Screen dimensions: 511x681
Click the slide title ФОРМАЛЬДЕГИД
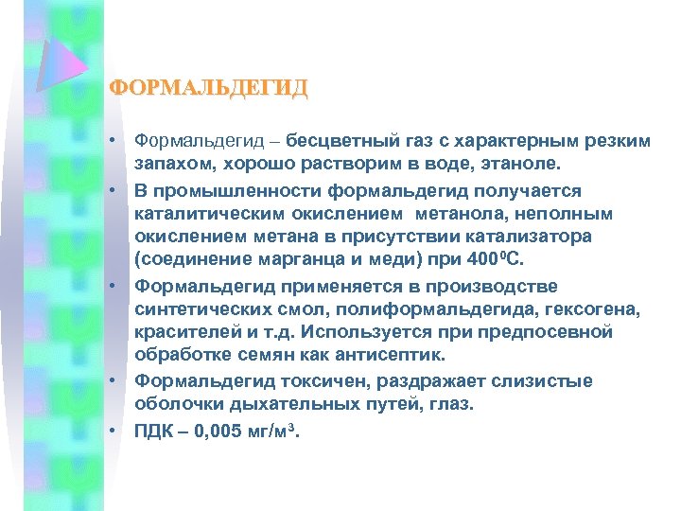pos(209,89)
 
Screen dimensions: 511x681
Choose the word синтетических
pos(212,310)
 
